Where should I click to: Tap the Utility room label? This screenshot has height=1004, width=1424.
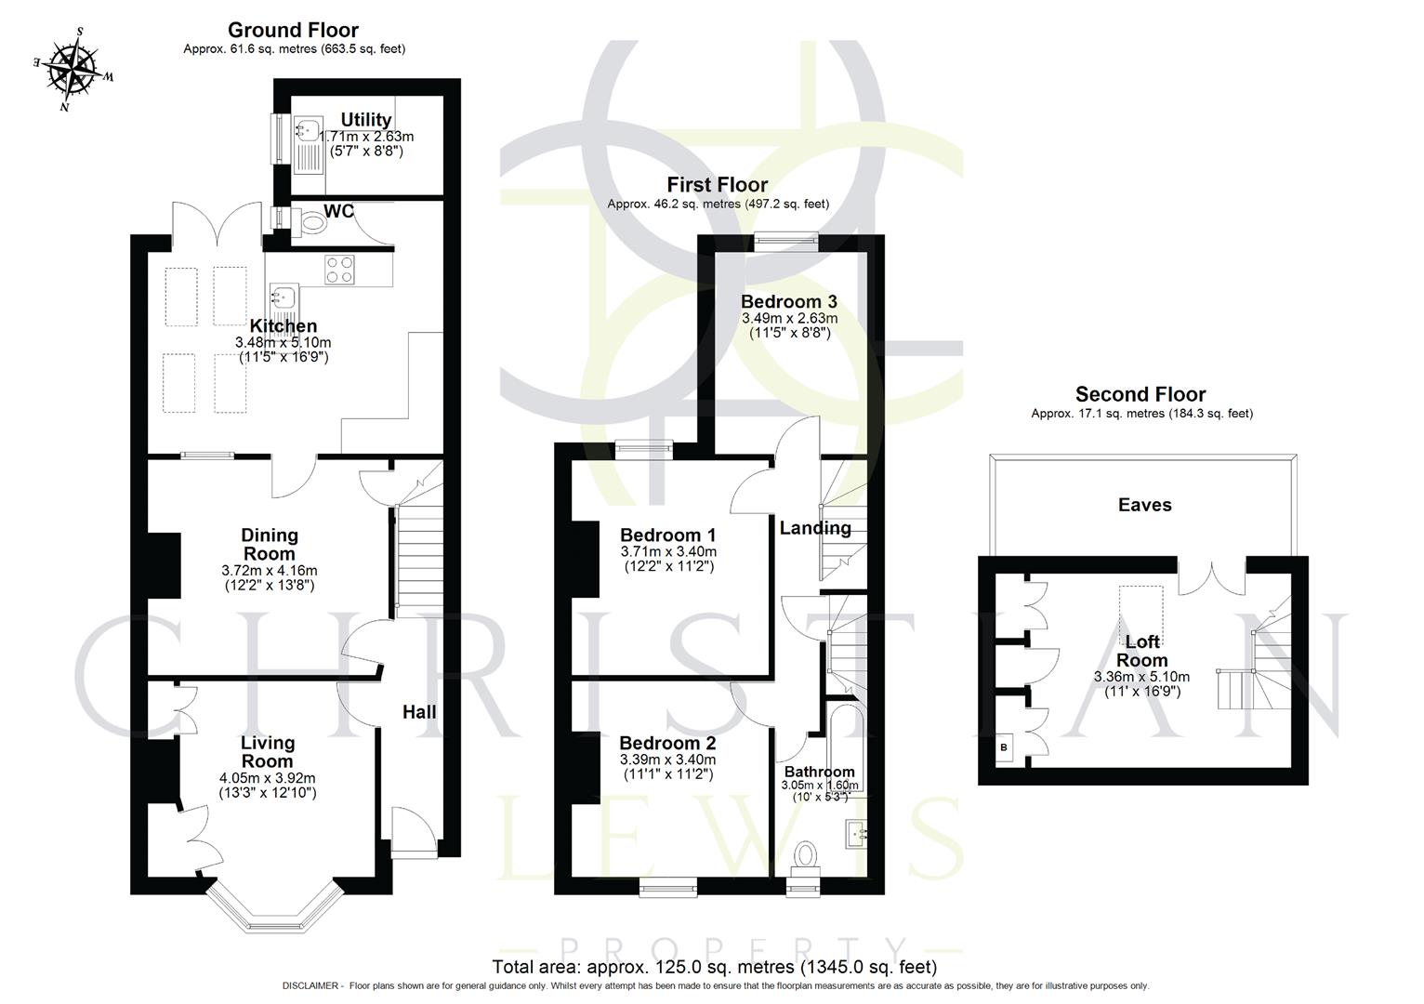click(365, 120)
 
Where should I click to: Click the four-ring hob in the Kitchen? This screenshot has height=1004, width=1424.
click(339, 269)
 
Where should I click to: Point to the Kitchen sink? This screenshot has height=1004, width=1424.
click(282, 297)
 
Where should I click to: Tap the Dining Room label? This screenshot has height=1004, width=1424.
click(270, 544)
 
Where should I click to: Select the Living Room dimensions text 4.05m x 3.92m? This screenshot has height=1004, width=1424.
click(268, 778)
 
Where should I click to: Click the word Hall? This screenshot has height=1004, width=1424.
click(418, 712)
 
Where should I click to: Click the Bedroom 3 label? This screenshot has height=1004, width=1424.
click(788, 301)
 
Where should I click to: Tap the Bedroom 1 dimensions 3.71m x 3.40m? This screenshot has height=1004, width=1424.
click(667, 551)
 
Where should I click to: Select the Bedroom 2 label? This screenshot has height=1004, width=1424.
click(667, 743)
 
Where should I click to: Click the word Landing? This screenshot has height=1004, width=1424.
click(814, 528)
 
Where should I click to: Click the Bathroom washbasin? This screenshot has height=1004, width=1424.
click(856, 834)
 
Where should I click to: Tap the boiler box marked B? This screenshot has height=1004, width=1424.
click(1004, 746)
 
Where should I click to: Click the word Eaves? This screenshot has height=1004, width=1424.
click(1144, 505)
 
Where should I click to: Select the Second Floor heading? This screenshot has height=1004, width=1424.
click(1141, 394)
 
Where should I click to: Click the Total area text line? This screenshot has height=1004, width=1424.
click(713, 967)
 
